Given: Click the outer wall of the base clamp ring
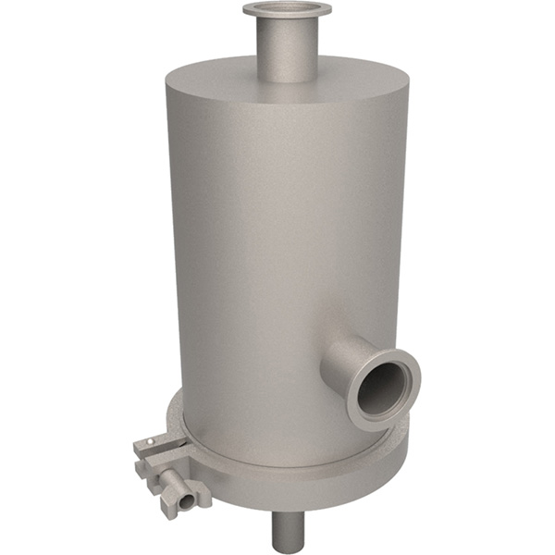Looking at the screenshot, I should point(305,489).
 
